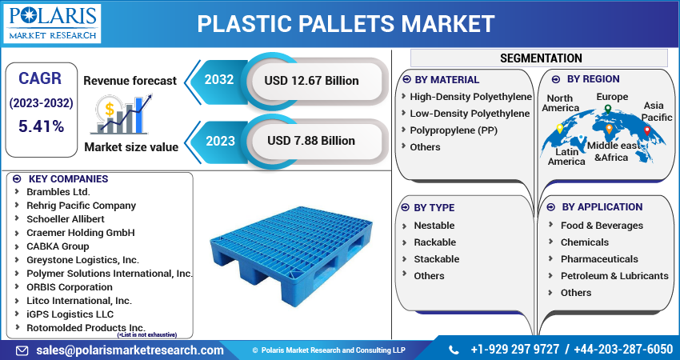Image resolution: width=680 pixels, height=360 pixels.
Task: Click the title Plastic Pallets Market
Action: coord(346,23)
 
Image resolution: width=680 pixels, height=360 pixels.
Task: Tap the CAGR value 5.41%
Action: coord(41,127)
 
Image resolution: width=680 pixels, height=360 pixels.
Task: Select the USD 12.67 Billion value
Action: coord(312,80)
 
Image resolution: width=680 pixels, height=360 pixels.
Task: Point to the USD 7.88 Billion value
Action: coord(311,140)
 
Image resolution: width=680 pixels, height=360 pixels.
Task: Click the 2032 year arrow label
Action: coord(218,80)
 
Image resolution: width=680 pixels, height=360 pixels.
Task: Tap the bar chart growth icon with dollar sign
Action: coord(121,113)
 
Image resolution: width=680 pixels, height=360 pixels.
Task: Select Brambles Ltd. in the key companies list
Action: coord(58,191)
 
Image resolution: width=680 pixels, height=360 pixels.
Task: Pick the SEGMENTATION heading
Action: coord(541,58)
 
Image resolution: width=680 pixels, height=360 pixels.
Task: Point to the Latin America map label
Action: coord(566,156)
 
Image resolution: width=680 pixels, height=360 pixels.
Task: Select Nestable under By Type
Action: coord(434,226)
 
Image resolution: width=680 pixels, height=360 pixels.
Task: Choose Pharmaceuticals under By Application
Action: coord(599,259)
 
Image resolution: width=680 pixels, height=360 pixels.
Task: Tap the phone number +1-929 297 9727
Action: coord(514,350)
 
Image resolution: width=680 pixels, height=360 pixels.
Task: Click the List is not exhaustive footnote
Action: coord(154,335)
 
